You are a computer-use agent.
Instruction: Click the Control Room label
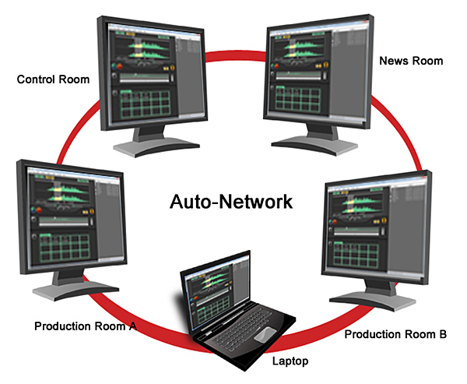54,79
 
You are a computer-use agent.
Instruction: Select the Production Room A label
86,326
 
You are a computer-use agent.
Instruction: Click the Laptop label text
290,361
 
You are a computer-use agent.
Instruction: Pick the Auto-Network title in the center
232,203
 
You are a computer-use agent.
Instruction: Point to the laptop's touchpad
265,333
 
